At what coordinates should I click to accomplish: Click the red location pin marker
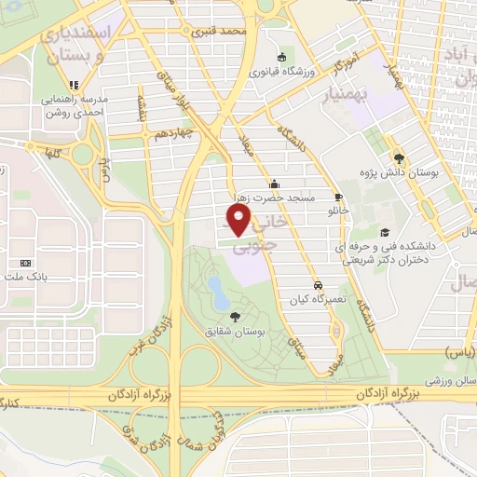coord(239,219)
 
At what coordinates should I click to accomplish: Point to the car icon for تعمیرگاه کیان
coord(319,283)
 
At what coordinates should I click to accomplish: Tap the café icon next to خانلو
coord(338,197)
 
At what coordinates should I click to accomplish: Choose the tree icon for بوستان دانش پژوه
coord(399,158)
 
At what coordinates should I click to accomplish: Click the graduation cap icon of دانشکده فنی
coord(384,233)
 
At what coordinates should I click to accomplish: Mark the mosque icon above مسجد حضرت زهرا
coord(274,183)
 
